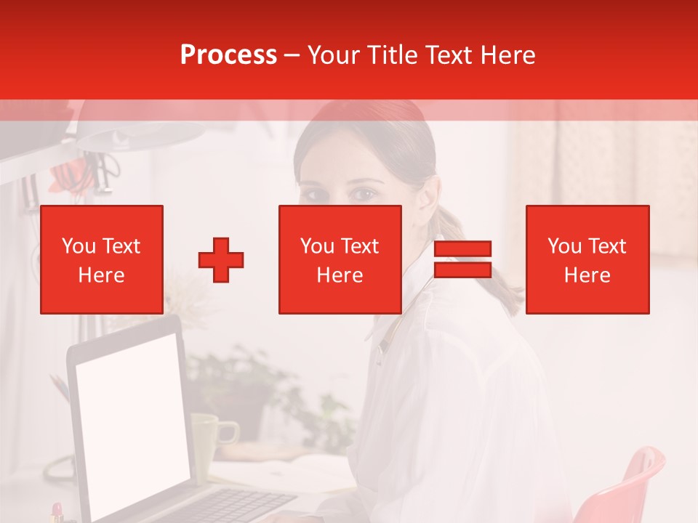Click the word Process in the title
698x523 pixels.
pyautogui.click(x=228, y=55)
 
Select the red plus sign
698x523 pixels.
pyautogui.click(x=221, y=260)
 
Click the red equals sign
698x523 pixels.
pyautogui.click(x=462, y=259)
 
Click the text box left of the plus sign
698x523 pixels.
pyautogui.click(x=102, y=259)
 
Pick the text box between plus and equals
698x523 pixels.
pyautogui.click(x=340, y=259)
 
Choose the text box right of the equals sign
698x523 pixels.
pyautogui.click(x=587, y=259)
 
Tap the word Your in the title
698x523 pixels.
pyautogui.click(x=330, y=55)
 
